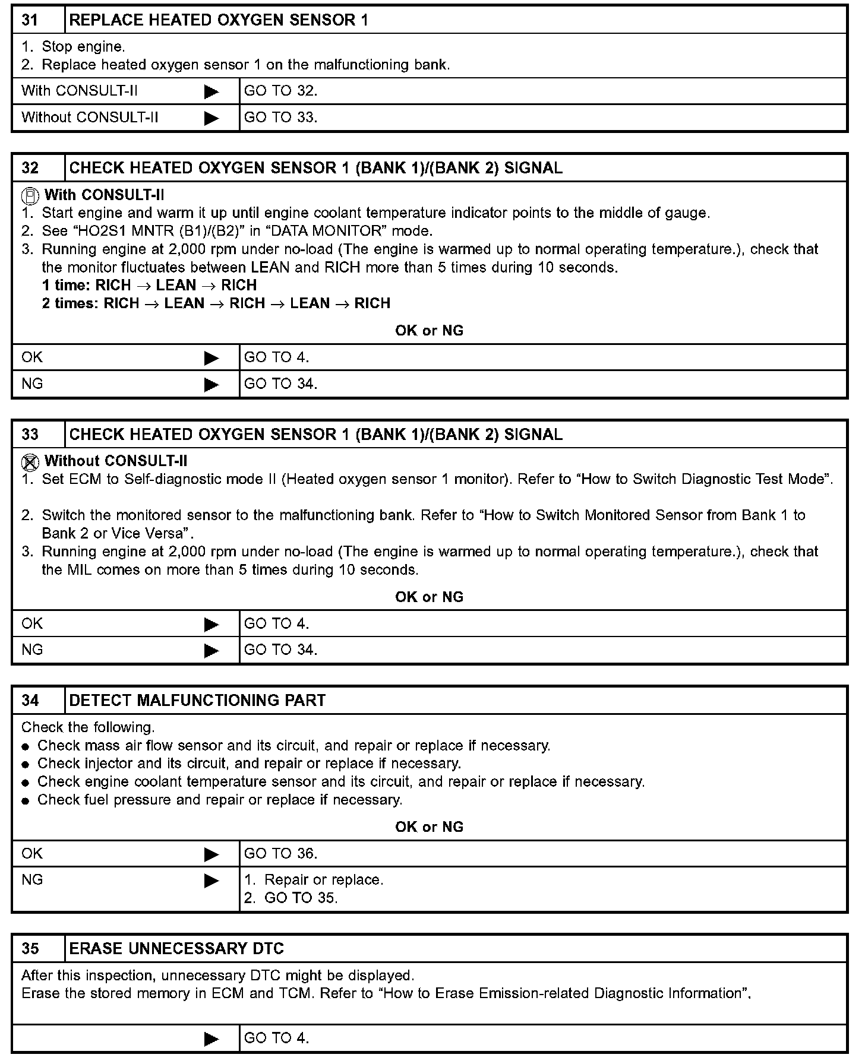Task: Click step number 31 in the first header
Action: tap(30, 20)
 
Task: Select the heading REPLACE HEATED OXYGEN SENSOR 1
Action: tap(219, 20)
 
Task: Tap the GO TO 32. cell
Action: tap(281, 91)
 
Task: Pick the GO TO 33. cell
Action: tap(281, 118)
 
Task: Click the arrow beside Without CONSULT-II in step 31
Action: tap(211, 118)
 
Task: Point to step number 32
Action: tap(30, 168)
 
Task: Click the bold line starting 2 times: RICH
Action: tap(216, 303)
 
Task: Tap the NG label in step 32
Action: tap(32, 384)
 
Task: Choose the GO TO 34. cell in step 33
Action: tap(281, 650)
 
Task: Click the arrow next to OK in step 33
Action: tap(211, 624)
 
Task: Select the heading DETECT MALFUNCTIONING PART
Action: tap(197, 701)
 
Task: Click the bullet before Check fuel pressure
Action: tap(26, 801)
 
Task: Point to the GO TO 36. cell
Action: tap(281, 854)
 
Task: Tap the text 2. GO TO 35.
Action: tap(291, 898)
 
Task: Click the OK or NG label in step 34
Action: tap(429, 827)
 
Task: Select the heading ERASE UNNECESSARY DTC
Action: tap(176, 949)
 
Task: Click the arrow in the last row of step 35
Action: tap(211, 1038)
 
